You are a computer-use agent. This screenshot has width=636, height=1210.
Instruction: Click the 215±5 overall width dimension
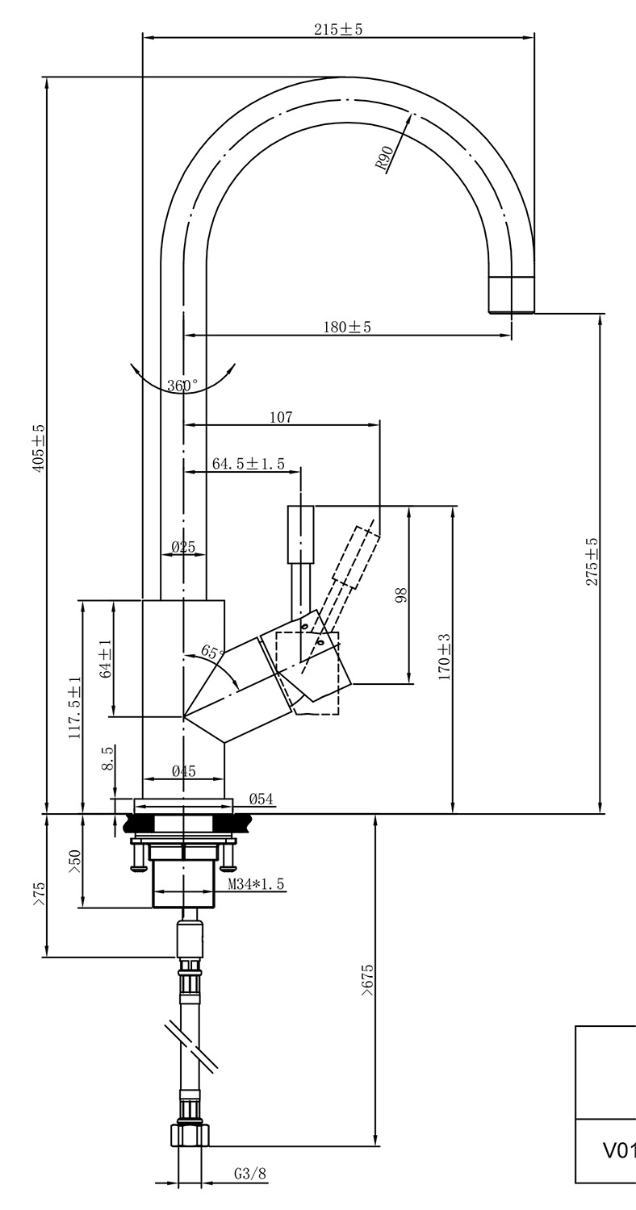click(338, 29)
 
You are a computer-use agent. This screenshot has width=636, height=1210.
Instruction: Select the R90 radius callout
click(384, 157)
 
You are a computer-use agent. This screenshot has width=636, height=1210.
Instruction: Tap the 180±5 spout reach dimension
click(347, 327)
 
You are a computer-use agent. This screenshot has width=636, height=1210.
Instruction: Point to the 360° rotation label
click(182, 386)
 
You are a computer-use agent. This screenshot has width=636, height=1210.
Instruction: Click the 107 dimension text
click(281, 417)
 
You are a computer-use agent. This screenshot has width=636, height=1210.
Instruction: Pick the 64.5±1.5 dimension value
click(249, 463)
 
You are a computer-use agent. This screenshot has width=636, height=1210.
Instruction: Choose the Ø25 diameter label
click(183, 548)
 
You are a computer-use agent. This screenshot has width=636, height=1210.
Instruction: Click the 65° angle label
click(211, 652)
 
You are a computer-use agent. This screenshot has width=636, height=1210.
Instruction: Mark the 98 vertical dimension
click(401, 595)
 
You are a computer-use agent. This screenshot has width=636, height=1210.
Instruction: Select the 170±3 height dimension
click(444, 657)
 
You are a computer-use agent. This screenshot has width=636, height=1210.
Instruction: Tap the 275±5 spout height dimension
click(592, 561)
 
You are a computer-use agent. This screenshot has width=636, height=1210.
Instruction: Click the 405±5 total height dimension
click(39, 448)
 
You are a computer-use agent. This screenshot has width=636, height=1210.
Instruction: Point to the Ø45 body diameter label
click(183, 771)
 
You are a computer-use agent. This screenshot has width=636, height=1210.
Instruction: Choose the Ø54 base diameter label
click(261, 799)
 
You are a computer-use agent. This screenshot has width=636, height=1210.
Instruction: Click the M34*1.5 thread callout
click(256, 884)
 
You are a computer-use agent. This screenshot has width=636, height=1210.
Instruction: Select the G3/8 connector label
click(250, 1174)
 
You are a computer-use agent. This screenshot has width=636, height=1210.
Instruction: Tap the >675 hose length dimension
click(367, 979)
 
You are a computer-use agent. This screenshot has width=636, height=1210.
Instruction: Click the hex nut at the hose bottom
click(190, 1135)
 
